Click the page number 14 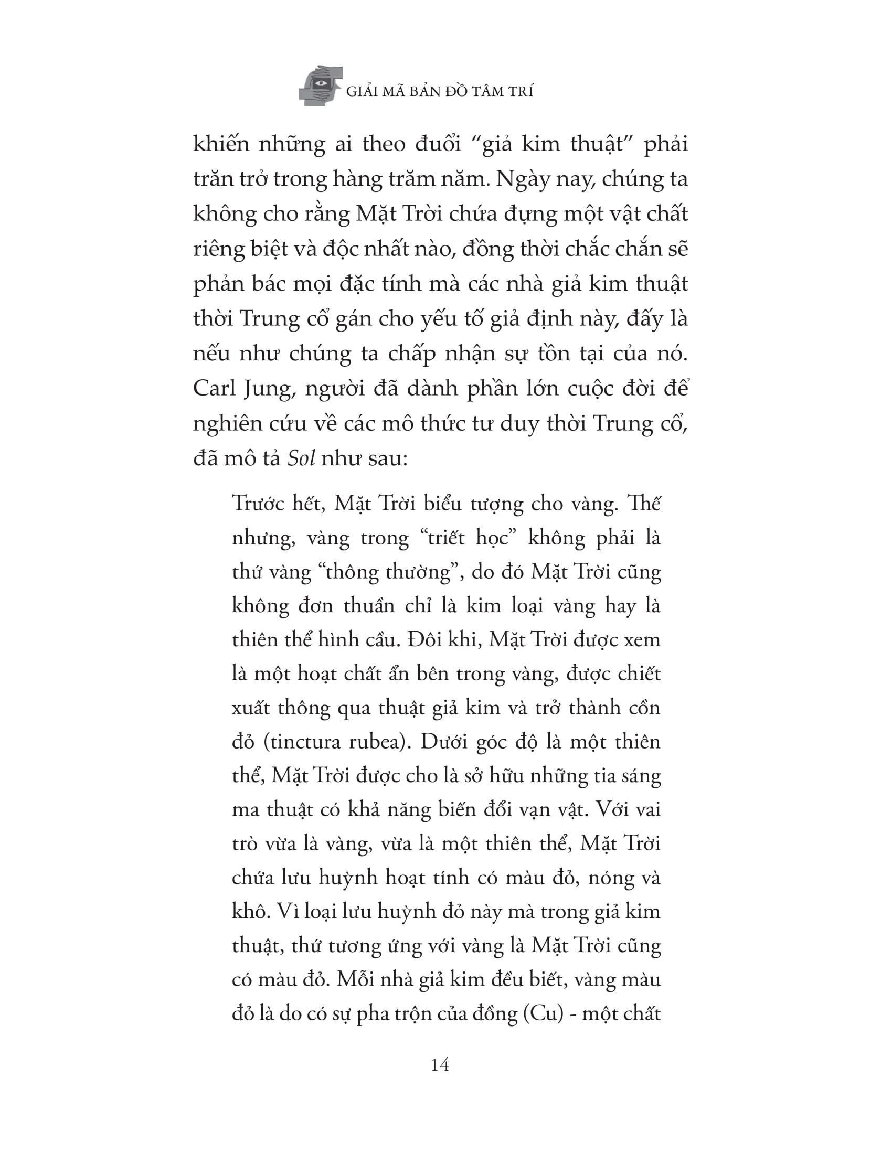click(440, 1065)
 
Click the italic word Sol click(301, 458)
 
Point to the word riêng click(219, 249)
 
